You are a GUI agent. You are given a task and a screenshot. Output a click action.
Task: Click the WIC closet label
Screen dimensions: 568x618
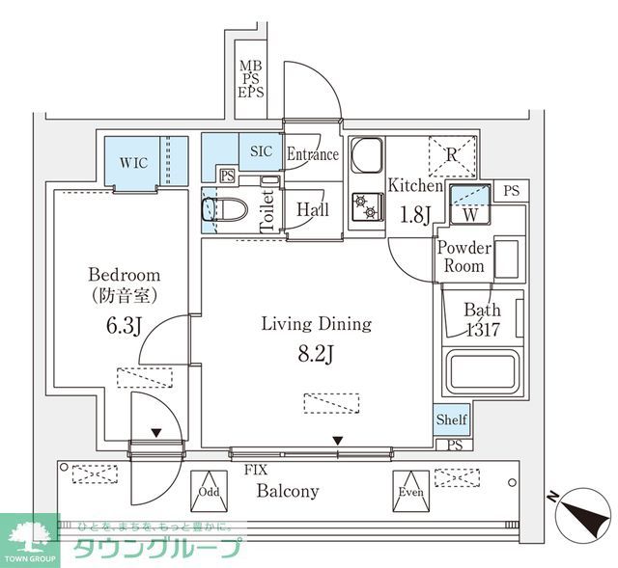[134, 162]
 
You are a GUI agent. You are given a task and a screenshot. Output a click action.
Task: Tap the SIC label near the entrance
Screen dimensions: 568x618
[262, 151]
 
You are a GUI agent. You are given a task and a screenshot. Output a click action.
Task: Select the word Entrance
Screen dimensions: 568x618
[313, 154]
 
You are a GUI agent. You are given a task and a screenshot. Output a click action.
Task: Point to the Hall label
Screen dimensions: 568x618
[313, 209]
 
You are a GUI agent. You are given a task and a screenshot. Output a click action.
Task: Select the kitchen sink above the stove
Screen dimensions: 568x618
[366, 154]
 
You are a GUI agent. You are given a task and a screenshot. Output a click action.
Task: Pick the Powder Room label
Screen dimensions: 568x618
[464, 257]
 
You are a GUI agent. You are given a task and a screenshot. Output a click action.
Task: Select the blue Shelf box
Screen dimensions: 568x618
[451, 419]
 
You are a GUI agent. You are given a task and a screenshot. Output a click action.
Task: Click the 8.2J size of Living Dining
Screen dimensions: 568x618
[316, 354]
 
